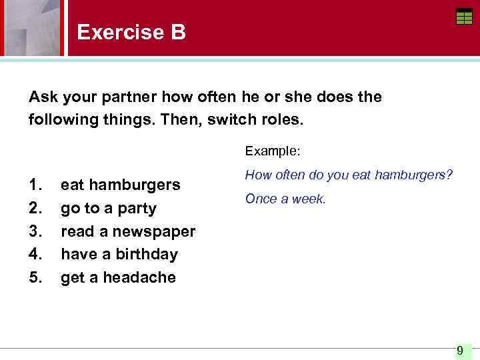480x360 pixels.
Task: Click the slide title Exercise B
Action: coord(131,32)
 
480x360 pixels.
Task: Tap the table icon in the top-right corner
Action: coord(464,17)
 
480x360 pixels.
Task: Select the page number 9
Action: coord(460,350)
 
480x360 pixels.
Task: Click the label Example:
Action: coord(273,151)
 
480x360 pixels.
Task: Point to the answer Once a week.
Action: coord(285,199)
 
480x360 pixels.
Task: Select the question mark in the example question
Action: coord(449,175)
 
